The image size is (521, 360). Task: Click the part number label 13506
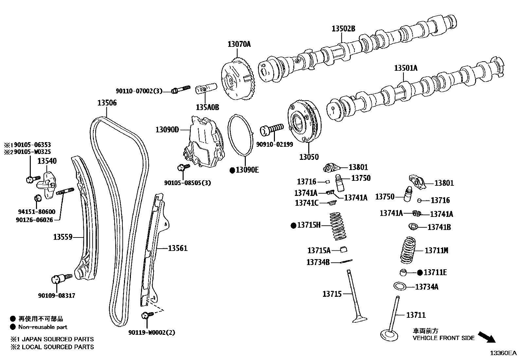tap(107, 103)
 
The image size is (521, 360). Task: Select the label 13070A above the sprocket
tap(239, 44)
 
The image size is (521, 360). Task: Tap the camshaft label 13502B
tap(343, 28)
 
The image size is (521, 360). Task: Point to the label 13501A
tap(405, 68)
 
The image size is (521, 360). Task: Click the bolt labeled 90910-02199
tap(271, 129)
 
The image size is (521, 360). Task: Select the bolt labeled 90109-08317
tap(60, 279)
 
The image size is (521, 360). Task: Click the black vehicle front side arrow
tap(487, 337)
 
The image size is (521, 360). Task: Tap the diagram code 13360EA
tap(503, 353)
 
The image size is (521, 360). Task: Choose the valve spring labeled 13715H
tap(337, 225)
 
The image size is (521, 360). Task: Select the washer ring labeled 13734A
tap(400, 286)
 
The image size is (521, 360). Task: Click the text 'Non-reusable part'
tap(43, 327)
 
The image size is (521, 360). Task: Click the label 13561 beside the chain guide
tap(178, 248)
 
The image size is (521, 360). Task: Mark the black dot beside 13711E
tap(420, 273)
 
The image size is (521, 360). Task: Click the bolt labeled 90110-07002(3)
tap(180, 89)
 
